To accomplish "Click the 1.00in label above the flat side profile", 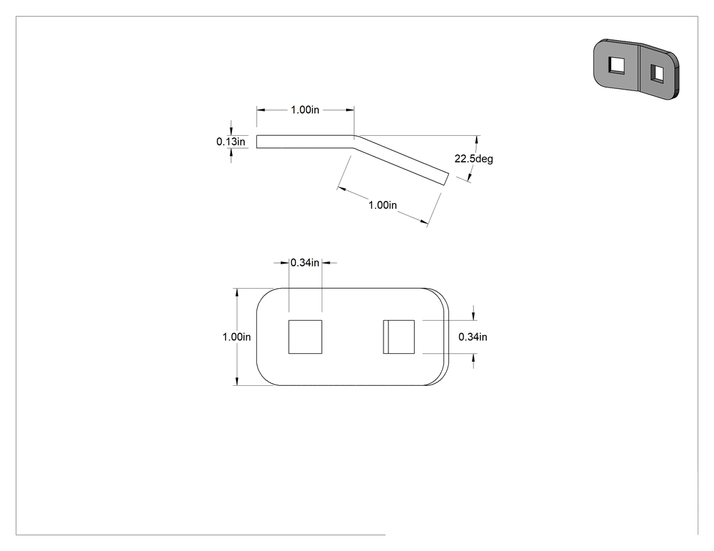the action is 305,109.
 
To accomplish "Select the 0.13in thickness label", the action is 231,141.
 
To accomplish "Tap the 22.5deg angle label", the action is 473,159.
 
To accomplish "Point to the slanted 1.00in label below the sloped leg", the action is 382,205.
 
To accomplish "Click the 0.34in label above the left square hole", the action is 305,262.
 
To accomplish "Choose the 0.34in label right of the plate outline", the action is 473,337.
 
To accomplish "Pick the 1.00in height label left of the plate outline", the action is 237,337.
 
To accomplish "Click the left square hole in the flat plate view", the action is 305,337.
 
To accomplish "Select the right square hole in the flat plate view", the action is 399,337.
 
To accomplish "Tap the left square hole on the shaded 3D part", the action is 617,64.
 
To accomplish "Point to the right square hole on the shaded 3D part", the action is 657,73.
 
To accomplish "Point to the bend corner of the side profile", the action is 354,136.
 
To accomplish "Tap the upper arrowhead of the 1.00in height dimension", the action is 237,291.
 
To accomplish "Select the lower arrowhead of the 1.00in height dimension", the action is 237,382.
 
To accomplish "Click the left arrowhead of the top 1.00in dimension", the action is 260,109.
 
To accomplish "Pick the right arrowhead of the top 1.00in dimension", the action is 351,109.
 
